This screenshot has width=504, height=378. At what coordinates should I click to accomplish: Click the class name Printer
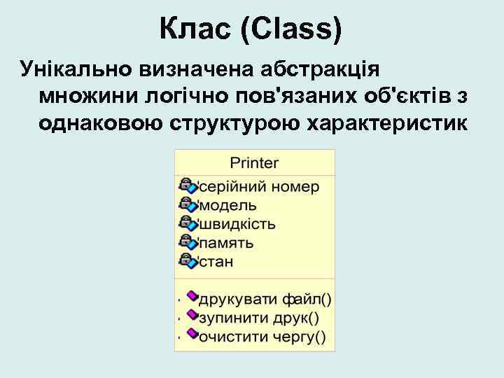pyautogui.click(x=255, y=163)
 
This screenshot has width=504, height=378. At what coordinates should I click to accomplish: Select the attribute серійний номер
pyautogui.click(x=260, y=187)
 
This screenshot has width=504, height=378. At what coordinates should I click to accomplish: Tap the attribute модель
pyautogui.click(x=229, y=206)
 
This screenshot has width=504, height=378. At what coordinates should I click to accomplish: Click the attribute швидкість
pyautogui.click(x=238, y=225)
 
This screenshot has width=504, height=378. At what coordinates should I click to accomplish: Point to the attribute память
pyautogui.click(x=227, y=244)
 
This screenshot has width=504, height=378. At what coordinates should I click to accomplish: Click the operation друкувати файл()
pyautogui.click(x=265, y=300)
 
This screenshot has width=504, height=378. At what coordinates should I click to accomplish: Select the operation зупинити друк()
pyautogui.click(x=259, y=318)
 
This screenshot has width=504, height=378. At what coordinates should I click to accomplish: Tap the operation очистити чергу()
pyautogui.click(x=262, y=337)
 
